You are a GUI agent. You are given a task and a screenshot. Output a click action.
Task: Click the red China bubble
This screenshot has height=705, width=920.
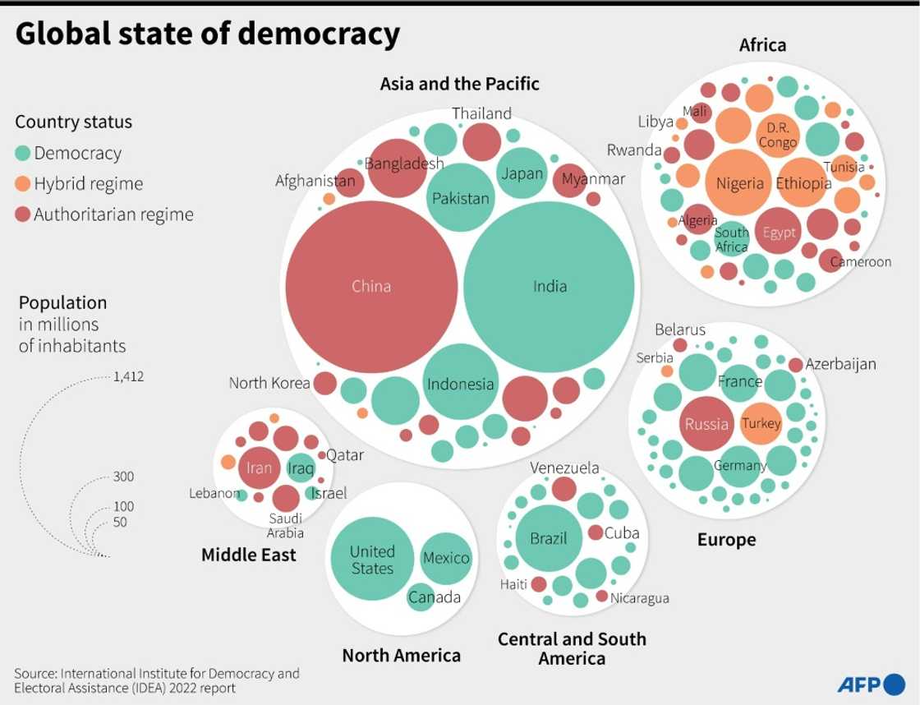point(370,286)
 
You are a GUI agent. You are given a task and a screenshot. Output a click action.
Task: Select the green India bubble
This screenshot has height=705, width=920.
point(549,286)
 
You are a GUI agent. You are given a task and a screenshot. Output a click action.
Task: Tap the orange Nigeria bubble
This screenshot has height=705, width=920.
point(739,183)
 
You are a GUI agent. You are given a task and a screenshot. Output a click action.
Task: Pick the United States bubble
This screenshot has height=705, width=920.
point(372,560)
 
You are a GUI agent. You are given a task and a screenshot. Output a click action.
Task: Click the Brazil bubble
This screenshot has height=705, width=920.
point(549,539)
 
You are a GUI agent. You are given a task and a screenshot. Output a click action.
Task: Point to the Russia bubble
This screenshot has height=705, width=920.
point(706,424)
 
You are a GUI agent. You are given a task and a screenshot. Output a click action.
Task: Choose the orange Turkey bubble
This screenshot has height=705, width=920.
point(761,423)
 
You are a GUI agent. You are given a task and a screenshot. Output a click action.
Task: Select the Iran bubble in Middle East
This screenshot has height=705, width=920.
point(259,468)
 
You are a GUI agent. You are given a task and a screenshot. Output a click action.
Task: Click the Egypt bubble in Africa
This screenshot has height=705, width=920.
point(779,233)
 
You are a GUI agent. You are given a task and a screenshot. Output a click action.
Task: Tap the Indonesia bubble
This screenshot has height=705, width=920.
point(460,384)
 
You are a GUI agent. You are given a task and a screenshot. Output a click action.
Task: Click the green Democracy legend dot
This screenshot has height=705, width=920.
point(23,153)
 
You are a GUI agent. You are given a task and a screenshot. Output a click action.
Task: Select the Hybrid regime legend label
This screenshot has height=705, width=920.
point(88,184)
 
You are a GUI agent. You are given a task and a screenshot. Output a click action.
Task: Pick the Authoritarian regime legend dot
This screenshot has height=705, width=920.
point(23,215)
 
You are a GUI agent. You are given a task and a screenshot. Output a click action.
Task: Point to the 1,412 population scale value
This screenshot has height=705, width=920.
point(129,378)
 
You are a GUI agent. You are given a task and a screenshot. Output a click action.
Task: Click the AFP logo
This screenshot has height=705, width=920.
point(870,683)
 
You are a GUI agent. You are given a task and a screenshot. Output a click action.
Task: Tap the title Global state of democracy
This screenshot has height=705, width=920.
point(208,35)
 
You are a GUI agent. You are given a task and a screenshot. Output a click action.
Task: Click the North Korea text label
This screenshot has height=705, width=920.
point(269,383)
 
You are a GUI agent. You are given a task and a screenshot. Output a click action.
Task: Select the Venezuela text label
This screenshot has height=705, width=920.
point(564,468)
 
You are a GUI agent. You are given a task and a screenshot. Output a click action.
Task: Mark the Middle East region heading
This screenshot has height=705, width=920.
point(249,555)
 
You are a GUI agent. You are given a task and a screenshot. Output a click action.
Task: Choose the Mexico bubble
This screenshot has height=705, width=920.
point(446,558)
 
